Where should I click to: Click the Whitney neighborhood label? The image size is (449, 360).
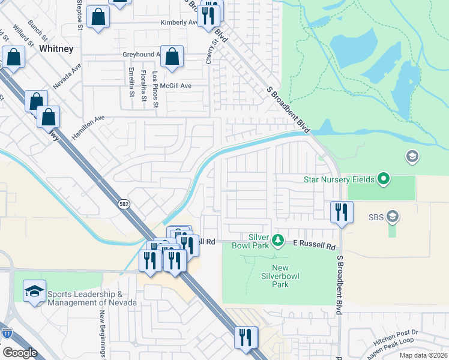tap(56, 48)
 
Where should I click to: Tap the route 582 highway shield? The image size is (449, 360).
tap(124, 203)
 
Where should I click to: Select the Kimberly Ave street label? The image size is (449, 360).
tap(179, 23)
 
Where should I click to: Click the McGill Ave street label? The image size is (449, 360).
tap(175, 86)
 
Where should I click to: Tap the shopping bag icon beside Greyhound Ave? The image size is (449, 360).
tap(172, 57)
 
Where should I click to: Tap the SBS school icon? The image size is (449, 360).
tap(393, 216)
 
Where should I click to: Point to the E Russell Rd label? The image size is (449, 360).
tap(314, 245)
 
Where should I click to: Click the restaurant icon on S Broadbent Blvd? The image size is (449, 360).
tap(341, 212)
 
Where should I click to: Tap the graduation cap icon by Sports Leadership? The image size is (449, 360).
tap(35, 292)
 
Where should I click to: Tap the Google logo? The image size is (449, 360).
tap(20, 353)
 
